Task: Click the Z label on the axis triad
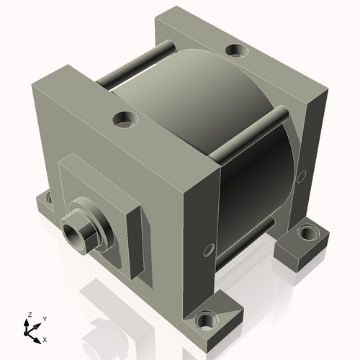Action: pyautogui.click(x=29, y=315)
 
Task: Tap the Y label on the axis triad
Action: pyautogui.click(x=44, y=318)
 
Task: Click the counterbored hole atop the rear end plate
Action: pyautogui.click(x=235, y=50)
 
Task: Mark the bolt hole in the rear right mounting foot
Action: pyautogui.click(x=307, y=233)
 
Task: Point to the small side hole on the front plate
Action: pyautogui.click(x=209, y=249)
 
